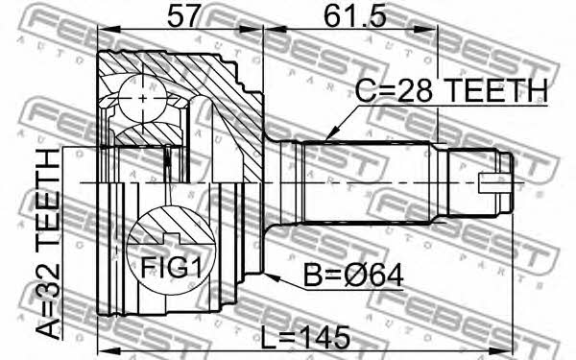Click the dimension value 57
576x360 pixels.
pos(185,16)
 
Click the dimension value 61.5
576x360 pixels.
pos(355,16)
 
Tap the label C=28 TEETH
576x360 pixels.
pos(451,90)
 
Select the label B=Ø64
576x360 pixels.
pos(353,276)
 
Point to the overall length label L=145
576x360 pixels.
pos(305,338)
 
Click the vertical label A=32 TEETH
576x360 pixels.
pos(47,244)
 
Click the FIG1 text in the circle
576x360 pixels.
pos(172,268)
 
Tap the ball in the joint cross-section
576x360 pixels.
pos(142,99)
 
